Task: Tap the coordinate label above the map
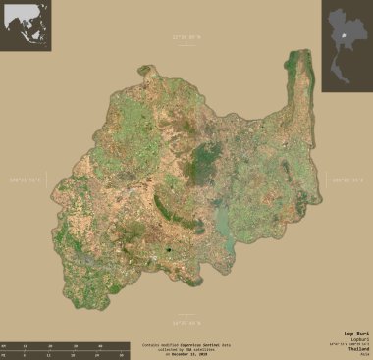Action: [x=186, y=37]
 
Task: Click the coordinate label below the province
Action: [x=186, y=322]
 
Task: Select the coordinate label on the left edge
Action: [x=24, y=180]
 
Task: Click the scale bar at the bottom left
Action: [x=64, y=349]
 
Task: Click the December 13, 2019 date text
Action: [x=186, y=354]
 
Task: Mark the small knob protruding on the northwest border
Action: [x=146, y=70]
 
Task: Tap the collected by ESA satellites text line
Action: [x=186, y=349]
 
